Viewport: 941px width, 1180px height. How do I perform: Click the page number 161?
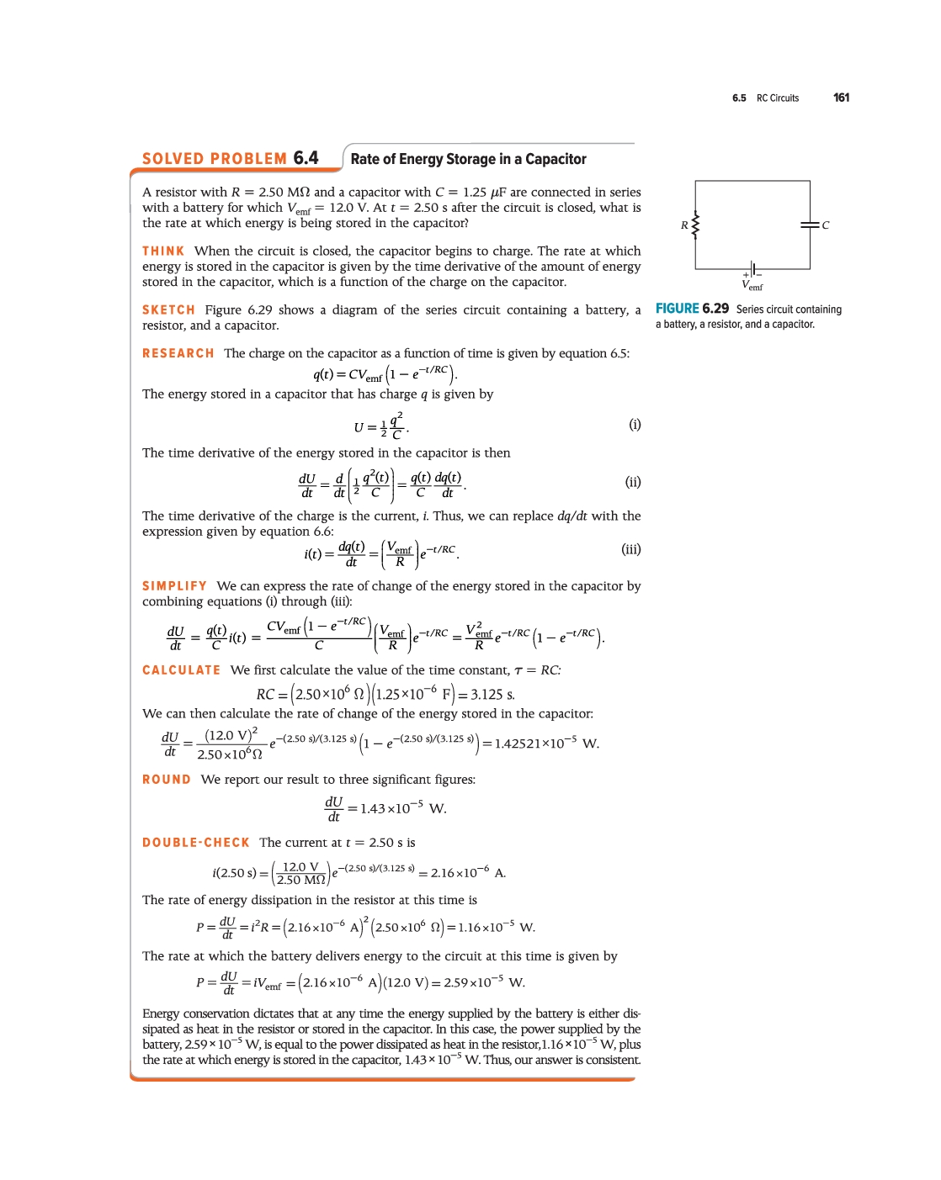841,98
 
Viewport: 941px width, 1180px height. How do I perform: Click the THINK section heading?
163,251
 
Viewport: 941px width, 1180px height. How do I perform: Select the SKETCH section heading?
168,310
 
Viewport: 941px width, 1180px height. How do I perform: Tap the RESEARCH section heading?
178,354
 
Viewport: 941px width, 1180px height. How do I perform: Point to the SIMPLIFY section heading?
174,586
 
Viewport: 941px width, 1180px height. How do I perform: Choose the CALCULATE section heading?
181,670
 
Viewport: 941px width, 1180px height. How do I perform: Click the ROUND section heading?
166,780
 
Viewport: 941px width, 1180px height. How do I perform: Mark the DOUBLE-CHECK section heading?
195,843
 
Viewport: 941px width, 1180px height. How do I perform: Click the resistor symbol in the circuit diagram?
695,225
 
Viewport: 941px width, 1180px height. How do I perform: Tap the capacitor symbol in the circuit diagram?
810,225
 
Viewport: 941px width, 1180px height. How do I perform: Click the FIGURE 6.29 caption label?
692,309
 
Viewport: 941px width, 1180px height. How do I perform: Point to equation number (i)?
635,425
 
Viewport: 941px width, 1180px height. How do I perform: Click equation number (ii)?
633,482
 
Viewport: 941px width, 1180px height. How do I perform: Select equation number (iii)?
630,549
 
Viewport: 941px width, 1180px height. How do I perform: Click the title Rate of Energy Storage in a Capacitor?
468,159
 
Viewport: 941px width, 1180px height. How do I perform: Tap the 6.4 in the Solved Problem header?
306,158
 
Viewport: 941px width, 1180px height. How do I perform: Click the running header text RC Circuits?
777,98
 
